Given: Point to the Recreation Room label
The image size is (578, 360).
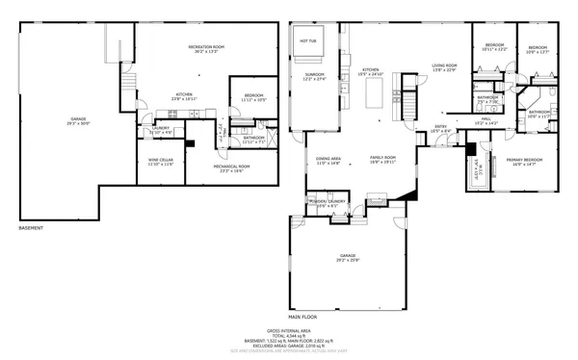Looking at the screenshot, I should (206, 48).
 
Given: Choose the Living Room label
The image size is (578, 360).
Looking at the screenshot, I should (444, 66).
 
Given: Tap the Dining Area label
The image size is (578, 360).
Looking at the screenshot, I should (329, 160).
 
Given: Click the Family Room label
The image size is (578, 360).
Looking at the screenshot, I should (383, 160).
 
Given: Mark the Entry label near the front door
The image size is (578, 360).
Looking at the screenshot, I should (440, 128).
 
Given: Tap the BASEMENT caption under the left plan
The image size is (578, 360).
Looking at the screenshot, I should (32, 228).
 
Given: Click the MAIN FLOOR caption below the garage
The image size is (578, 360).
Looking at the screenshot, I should (302, 315).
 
